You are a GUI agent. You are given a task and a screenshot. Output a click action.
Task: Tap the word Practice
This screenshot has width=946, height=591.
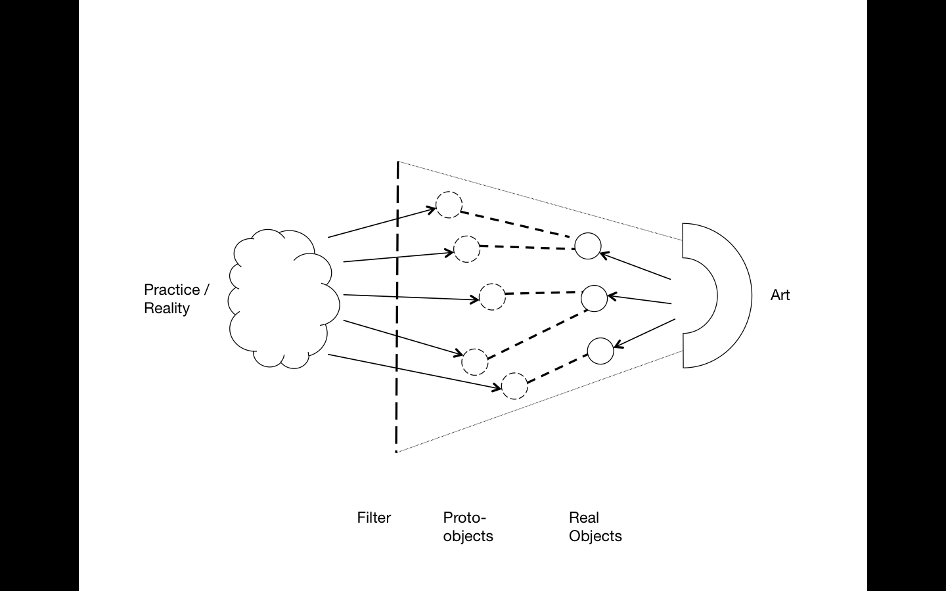point(171,290)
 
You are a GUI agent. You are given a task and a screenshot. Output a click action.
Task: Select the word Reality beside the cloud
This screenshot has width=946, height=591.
point(167,308)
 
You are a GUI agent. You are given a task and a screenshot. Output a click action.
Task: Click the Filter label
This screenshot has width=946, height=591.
point(374,517)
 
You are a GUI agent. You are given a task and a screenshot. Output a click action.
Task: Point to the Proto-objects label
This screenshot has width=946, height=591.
point(468,527)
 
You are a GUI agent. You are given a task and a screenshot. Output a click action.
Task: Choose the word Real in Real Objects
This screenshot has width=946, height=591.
point(584,517)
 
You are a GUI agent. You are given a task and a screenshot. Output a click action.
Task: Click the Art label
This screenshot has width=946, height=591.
point(780,295)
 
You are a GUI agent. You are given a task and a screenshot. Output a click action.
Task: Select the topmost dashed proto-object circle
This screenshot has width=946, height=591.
point(449,205)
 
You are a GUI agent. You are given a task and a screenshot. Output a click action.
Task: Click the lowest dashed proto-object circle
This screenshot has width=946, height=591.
point(514,385)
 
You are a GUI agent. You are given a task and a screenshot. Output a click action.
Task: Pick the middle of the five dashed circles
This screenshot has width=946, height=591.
point(492,297)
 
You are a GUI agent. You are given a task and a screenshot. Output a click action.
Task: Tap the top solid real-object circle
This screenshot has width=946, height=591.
point(588,246)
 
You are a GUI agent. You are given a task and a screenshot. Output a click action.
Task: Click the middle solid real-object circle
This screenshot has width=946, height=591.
point(595,298)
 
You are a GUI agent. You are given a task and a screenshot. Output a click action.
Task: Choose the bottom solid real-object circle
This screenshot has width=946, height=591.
point(600,351)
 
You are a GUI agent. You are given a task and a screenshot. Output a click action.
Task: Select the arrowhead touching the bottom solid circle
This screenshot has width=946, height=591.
point(618,343)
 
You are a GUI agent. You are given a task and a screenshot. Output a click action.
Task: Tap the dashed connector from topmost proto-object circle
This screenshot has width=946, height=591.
point(516,224)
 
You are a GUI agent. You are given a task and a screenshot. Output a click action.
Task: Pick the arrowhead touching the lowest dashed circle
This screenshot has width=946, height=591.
point(497,387)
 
